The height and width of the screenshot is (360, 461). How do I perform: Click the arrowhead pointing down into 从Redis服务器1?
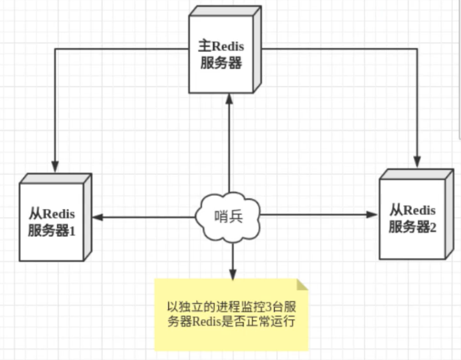55,167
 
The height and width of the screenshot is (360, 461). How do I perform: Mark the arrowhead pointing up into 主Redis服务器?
229,98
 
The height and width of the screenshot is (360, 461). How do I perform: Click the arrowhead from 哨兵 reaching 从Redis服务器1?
97,216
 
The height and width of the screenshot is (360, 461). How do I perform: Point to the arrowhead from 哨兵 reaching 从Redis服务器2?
372,215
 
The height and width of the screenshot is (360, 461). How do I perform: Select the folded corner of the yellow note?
301,284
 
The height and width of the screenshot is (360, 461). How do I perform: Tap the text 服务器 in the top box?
222,64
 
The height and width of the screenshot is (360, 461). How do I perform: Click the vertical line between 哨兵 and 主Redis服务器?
229,148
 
